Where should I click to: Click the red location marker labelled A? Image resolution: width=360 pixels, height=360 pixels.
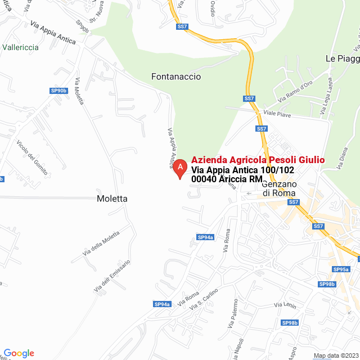pyautogui.click(x=179, y=168)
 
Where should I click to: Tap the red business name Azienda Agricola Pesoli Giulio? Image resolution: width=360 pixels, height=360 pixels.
pyautogui.click(x=258, y=160)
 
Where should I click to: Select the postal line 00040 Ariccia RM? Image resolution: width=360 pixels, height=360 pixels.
pyautogui.click(x=227, y=179)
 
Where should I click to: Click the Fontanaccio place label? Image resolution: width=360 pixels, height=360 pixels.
pyautogui.click(x=176, y=76)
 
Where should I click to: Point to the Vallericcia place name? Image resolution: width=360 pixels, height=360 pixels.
pyautogui.click(x=20, y=47)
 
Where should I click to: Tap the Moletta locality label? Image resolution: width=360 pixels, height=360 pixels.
pyautogui.click(x=112, y=199)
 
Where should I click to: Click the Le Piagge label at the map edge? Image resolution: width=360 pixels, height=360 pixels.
pyautogui.click(x=342, y=58)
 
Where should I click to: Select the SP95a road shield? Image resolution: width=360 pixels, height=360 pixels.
pyautogui.click(x=341, y=269)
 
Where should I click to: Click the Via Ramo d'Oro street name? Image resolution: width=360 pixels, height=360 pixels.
pyautogui.click(x=295, y=92)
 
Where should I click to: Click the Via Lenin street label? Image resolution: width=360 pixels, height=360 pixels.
pyautogui.click(x=285, y=305)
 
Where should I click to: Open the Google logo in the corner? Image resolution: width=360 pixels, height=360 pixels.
pyautogui.click(x=19, y=353)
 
